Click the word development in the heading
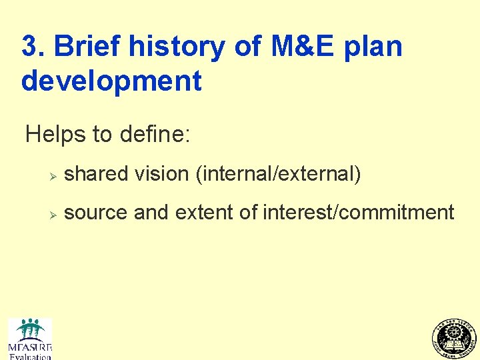pyautogui.click(x=111, y=81)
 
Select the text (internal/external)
pyautogui.click(x=278, y=175)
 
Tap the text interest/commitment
pyautogui.click(x=359, y=213)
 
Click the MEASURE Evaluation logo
pyautogui.click(x=30, y=339)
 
